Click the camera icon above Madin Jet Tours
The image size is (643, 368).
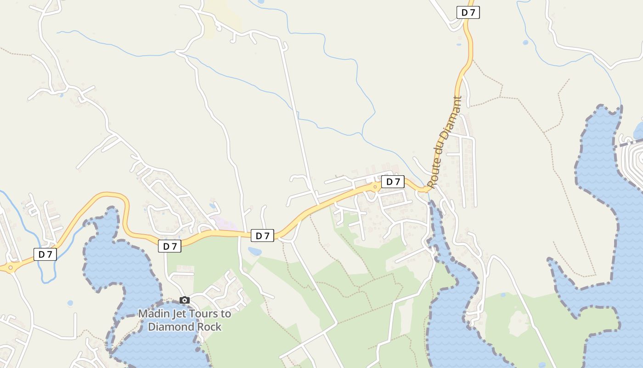[x=185, y=300]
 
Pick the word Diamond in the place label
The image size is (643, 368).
[x=169, y=327]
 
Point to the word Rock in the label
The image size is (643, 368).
[x=209, y=327]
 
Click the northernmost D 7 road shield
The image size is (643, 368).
[x=468, y=12]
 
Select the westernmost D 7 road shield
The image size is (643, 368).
[x=45, y=254]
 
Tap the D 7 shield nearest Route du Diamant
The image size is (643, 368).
[x=393, y=182]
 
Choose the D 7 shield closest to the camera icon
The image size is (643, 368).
[x=169, y=246]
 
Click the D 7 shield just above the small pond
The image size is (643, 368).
[x=262, y=236]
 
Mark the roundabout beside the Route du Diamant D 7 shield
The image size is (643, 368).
[x=375, y=187]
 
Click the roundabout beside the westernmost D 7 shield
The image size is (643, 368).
[x=10, y=267]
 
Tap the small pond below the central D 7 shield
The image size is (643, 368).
[x=254, y=252]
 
